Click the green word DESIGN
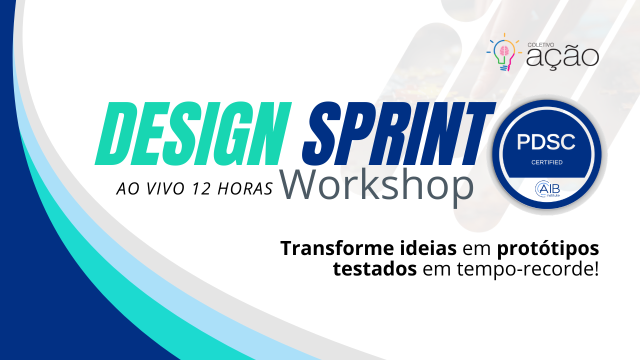tap(193, 133)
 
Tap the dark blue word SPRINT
tap(399, 133)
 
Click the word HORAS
tap(245, 188)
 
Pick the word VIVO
tap(165, 188)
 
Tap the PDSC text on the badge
tap(546, 142)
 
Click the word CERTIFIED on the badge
tap(547, 162)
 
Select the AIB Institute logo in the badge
tap(547, 189)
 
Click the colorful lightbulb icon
tap(504, 52)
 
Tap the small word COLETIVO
tap(536, 45)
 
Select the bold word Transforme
tap(336, 248)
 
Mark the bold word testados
tap(375, 269)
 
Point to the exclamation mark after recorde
tap(595, 268)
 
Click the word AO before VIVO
tap(128, 188)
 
